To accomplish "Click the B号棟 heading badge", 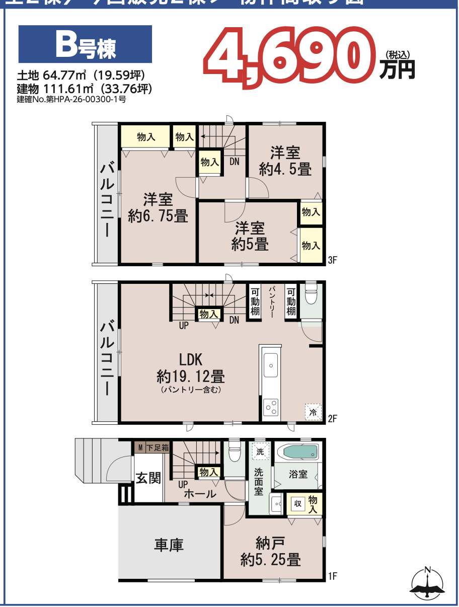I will (85, 44).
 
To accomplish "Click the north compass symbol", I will (427, 584).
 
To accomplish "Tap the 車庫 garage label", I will (169, 545).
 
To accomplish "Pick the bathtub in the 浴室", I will (300, 451).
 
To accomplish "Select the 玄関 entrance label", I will (148, 477).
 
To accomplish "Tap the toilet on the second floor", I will (311, 297).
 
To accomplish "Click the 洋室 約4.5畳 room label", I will (285, 161).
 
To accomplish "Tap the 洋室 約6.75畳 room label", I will (158, 208).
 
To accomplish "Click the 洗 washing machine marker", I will (260, 452).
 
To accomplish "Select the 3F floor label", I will (332, 260).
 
